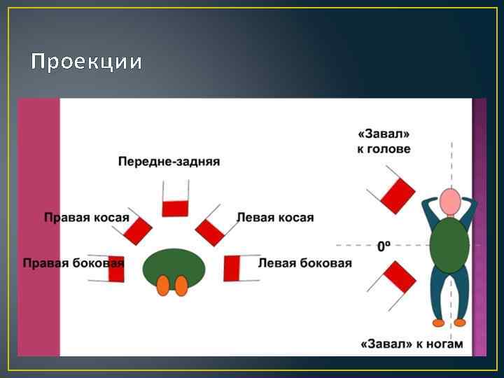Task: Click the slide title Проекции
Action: [x=87, y=62]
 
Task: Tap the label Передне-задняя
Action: [x=169, y=162]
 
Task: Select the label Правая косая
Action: [x=87, y=218]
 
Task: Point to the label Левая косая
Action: [x=275, y=218]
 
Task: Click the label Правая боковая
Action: [x=73, y=264]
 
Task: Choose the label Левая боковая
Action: [x=305, y=264]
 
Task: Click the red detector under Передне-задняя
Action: [x=176, y=208]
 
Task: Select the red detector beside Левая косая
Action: [x=209, y=230]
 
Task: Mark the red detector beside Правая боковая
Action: [x=116, y=268]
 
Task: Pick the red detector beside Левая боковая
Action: [x=232, y=267]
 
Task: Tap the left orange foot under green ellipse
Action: [x=163, y=286]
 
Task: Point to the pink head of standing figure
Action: [x=450, y=202]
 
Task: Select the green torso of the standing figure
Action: [x=449, y=244]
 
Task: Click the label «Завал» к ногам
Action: [x=412, y=344]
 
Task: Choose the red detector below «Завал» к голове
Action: [x=398, y=195]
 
